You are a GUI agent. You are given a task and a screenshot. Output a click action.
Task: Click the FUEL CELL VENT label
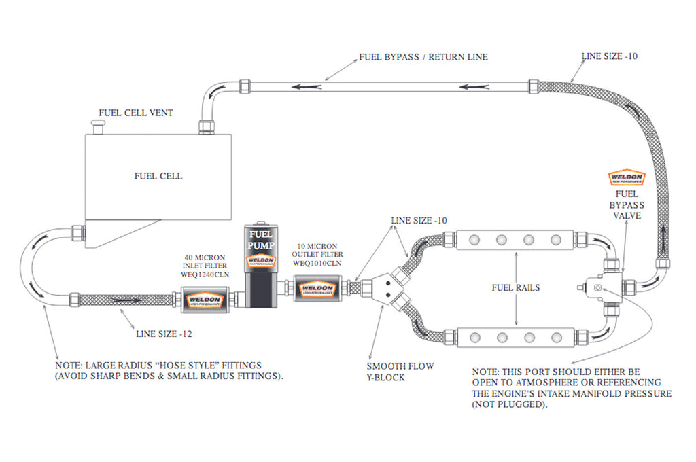click(135, 113)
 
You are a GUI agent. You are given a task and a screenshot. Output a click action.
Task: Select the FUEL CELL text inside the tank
click(158, 176)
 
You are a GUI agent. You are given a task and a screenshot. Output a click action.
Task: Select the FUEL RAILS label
click(516, 287)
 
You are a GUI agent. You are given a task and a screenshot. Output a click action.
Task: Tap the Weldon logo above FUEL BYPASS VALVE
click(626, 179)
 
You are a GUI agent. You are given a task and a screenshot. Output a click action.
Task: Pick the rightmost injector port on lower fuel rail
click(555, 336)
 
